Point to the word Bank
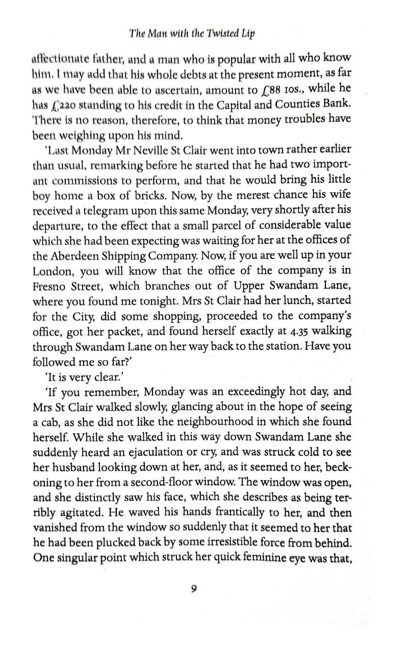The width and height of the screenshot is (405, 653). [337, 104]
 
